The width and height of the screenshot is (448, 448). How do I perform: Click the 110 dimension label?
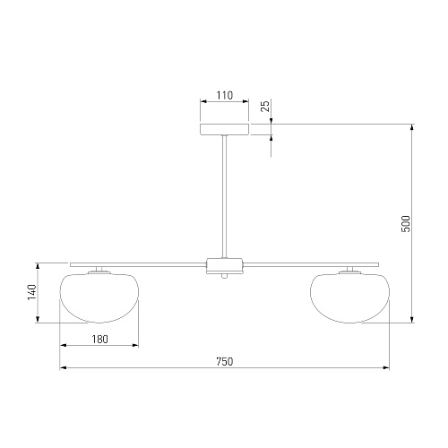[224, 96]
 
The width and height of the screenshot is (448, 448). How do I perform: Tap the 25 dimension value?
[265, 106]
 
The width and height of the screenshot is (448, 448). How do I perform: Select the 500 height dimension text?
[406, 223]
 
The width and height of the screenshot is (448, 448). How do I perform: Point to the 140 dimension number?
[32, 292]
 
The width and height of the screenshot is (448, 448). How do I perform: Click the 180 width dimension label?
[99, 340]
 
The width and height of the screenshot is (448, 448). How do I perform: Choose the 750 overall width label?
[225, 362]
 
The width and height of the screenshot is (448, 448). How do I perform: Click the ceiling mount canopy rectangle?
[224, 129]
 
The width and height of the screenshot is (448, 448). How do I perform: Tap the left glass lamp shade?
[99, 297]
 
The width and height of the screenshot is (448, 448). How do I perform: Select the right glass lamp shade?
[349, 297]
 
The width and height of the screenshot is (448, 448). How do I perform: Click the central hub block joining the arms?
[224, 265]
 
